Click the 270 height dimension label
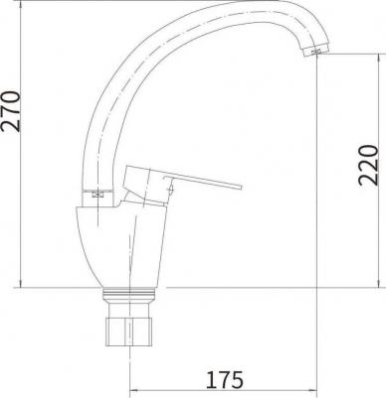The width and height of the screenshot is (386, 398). click(x=11, y=111)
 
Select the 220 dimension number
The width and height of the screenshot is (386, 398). click(x=368, y=165)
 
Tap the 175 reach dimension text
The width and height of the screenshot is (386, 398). click(x=225, y=380)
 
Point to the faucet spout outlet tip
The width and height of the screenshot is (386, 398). click(x=316, y=52)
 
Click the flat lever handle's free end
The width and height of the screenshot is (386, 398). click(x=240, y=187)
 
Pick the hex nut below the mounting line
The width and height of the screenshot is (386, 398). click(x=128, y=332)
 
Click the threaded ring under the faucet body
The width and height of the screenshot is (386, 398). click(x=128, y=294)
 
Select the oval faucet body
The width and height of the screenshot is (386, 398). click(x=121, y=246)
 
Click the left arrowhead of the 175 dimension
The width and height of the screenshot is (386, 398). click(x=131, y=391)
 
